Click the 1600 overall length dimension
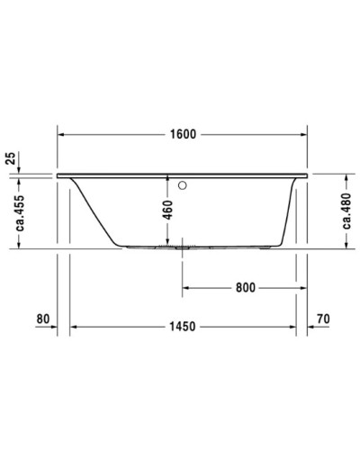coord(184,134)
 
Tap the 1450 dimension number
coord(184,326)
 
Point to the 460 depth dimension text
coord(167,210)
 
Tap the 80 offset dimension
coord(41,319)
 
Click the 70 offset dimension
coord(326,319)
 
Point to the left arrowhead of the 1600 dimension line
coord(63,134)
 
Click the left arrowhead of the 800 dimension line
coord(187,288)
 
